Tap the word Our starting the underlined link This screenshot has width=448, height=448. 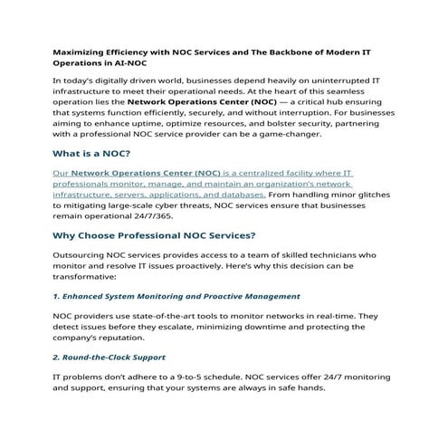[61, 172]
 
